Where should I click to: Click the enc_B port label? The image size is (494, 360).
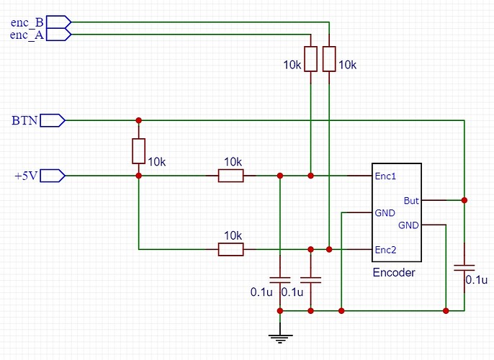click(27, 22)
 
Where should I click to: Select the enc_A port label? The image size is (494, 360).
click(27, 34)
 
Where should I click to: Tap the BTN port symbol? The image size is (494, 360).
click(53, 120)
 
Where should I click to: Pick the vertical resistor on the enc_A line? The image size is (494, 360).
click(310, 59)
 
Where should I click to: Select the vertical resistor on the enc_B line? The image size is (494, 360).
click(329, 59)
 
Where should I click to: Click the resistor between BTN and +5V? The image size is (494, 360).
click(138, 151)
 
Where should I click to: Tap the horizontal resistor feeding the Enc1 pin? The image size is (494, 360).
click(231, 175)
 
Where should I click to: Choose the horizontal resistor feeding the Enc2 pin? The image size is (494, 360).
click(231, 249)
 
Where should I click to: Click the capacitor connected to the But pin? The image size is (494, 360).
click(464, 267)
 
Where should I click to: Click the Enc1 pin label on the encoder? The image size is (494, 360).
click(385, 176)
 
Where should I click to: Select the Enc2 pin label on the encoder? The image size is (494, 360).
click(385, 249)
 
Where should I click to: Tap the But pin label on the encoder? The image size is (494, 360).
click(411, 200)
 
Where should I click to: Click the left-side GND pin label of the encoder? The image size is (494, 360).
click(384, 213)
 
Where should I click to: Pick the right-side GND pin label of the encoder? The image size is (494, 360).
click(409, 225)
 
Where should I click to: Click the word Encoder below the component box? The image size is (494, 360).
click(394, 273)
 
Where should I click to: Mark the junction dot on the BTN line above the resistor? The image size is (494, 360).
click(138, 120)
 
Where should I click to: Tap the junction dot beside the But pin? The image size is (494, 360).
click(464, 199)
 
